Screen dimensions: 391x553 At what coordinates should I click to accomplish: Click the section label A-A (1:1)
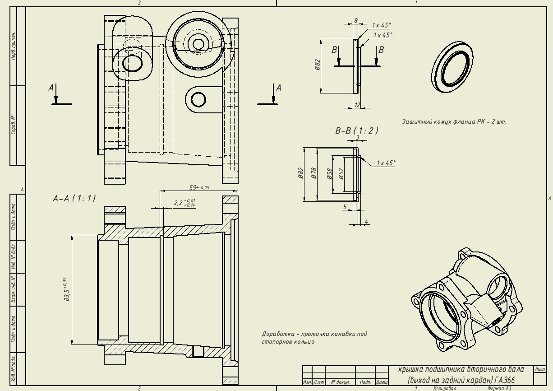pos(74,198)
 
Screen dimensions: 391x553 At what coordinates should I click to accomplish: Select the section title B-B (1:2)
pos(356,131)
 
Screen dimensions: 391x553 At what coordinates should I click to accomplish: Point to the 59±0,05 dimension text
pos(199,187)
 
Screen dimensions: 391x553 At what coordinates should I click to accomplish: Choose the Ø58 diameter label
pos(329,173)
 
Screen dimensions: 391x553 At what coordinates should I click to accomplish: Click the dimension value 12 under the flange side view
pos(358,105)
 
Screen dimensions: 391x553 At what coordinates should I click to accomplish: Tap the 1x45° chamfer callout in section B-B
pos(386,163)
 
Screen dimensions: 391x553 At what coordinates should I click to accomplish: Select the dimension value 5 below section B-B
pos(345,207)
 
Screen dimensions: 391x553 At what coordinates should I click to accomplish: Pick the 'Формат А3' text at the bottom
pos(499,388)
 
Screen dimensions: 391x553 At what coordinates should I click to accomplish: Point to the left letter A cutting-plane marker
pos(51,88)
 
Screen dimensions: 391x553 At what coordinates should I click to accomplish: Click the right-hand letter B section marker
pos(381,50)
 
